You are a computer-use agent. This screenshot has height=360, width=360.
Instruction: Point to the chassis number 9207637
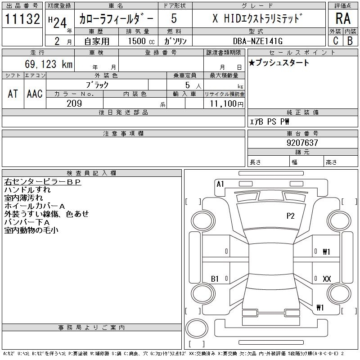tap(302, 143)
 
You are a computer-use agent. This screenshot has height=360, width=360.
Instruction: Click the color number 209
tap(74, 103)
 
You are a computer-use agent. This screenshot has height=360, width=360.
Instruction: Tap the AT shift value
tap(13, 94)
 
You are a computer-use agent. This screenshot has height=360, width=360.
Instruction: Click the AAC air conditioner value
tap(35, 94)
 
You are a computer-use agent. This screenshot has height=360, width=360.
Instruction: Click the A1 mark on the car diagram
tap(220, 184)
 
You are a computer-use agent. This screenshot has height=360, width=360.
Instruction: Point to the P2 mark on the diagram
tap(291, 216)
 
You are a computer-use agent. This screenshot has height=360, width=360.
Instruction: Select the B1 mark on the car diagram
tap(215, 279)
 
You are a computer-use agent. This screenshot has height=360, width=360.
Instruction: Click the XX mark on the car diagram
tap(327, 279)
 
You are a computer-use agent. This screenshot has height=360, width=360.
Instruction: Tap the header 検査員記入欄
tap(91, 173)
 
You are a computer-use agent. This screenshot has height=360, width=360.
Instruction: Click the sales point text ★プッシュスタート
tap(279, 63)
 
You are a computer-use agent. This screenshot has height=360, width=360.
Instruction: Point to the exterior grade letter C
tap(335, 41)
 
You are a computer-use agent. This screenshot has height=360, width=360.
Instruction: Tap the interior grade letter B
tap(350, 41)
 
